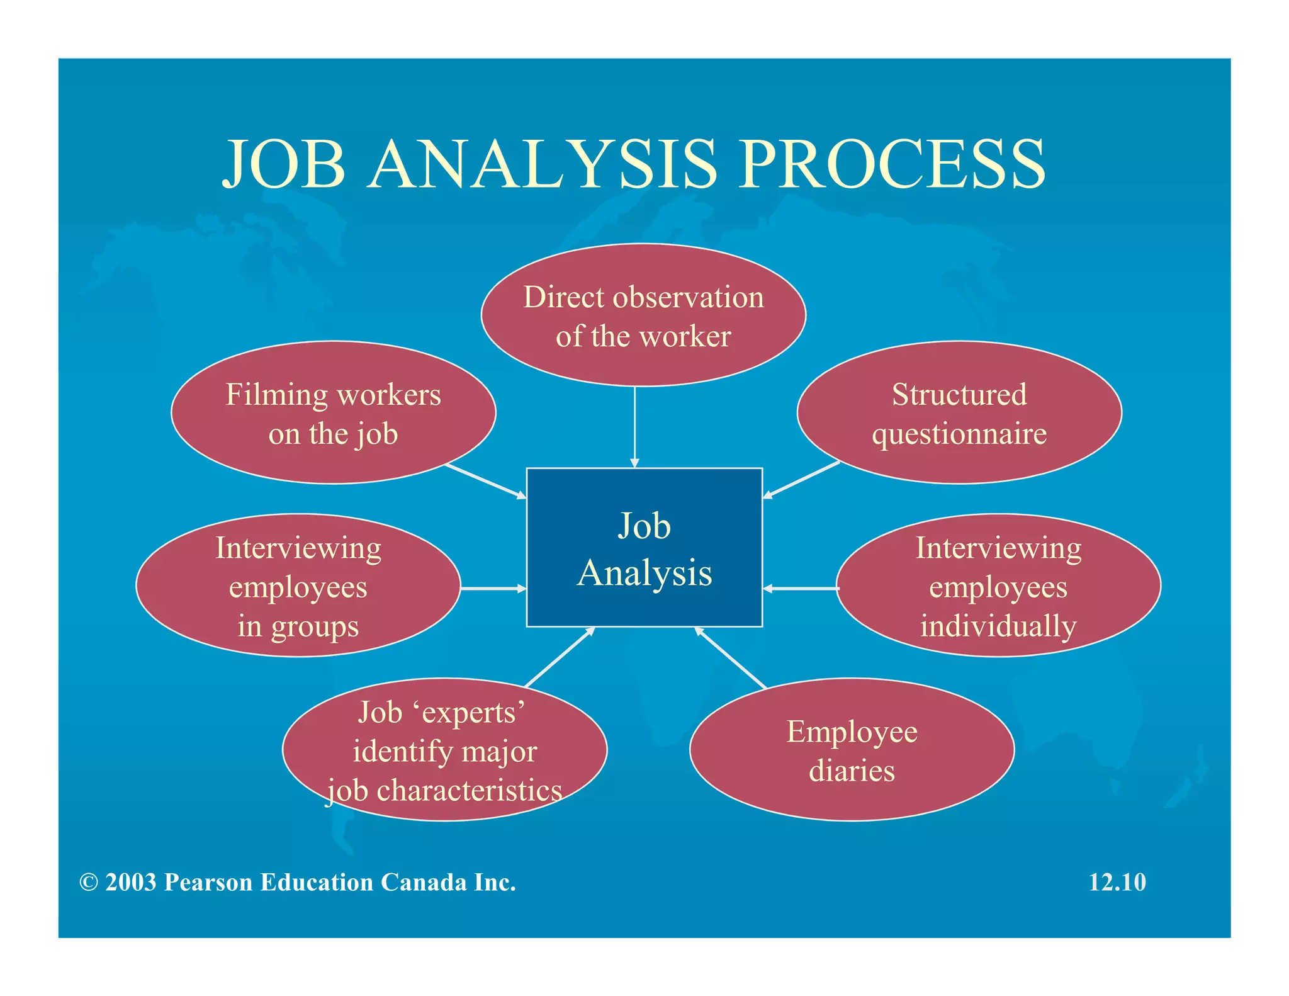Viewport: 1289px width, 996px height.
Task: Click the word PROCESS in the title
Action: tap(892, 165)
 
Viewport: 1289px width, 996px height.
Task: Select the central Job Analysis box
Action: tap(644, 548)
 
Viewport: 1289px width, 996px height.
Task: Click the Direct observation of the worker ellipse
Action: tap(643, 315)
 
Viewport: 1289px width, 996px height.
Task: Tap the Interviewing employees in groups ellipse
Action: tap(298, 586)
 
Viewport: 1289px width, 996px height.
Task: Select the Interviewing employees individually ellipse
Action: tap(998, 586)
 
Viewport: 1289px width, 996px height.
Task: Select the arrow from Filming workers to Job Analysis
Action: tap(485, 482)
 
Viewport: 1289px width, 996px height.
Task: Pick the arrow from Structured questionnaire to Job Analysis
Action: tap(801, 480)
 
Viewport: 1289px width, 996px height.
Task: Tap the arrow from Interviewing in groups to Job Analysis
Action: tap(493, 589)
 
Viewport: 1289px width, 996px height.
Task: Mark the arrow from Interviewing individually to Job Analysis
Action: tap(800, 589)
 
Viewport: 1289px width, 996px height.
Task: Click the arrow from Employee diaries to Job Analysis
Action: tap(731, 658)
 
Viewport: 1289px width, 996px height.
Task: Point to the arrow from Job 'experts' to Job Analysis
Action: tap(559, 657)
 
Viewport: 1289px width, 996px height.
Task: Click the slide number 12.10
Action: tap(1117, 883)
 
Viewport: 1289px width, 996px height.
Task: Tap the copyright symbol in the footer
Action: tap(89, 883)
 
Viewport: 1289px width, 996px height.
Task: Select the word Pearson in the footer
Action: tap(208, 883)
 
